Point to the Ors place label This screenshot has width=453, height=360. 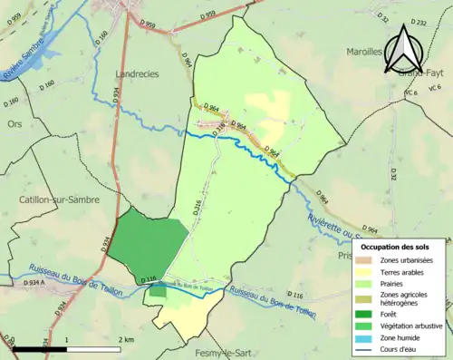14,123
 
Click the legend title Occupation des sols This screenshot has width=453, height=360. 400,247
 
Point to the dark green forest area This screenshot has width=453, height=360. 149,245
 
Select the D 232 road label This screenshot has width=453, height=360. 418,22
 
